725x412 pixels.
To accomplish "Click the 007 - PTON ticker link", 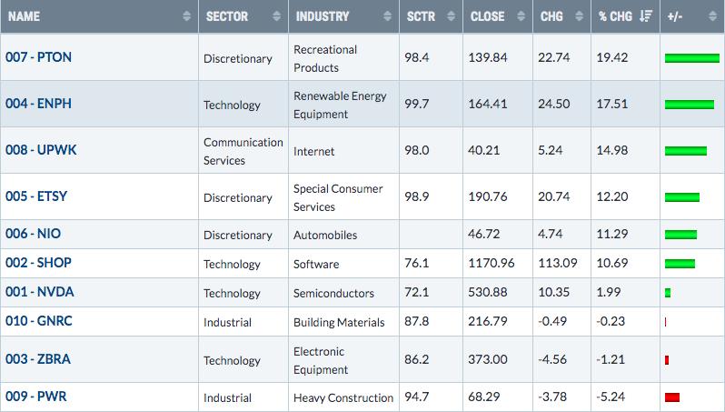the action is [x=38, y=57].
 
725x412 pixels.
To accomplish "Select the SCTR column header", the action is [x=421, y=16].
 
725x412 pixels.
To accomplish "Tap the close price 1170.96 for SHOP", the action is [x=491, y=263].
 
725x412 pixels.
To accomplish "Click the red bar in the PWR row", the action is [x=671, y=397].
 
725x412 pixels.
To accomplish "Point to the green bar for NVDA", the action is [x=668, y=293].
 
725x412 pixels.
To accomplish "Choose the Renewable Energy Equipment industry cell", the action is [x=340, y=105].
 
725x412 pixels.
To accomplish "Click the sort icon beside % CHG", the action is [x=645, y=16].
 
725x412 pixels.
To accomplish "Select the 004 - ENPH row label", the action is [x=38, y=104].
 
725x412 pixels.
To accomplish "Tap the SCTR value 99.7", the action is [x=417, y=104].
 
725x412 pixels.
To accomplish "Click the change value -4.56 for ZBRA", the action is [x=552, y=359].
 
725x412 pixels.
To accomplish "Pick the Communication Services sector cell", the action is [x=243, y=151].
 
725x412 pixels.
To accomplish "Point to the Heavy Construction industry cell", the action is [x=343, y=397].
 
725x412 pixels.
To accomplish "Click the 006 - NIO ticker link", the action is [x=33, y=234].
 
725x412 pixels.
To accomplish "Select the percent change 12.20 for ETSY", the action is [x=612, y=196].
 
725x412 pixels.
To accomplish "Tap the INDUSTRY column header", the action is [x=323, y=16].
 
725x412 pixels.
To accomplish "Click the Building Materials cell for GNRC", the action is [x=339, y=322].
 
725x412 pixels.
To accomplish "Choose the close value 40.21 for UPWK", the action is [x=483, y=150].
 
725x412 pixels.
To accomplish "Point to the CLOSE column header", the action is [x=487, y=16].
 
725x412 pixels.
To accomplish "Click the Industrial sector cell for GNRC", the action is [x=227, y=322].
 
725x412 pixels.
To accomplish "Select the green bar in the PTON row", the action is [x=692, y=58].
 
